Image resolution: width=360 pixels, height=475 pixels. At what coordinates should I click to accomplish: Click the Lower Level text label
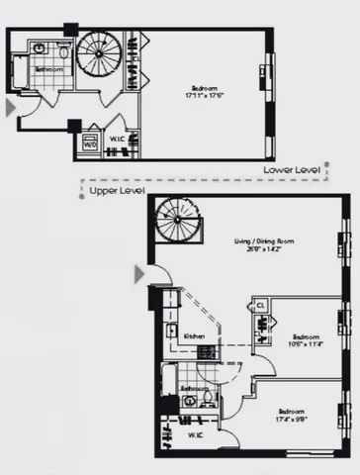point(292,170)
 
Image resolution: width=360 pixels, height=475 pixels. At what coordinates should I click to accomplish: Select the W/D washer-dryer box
point(91,144)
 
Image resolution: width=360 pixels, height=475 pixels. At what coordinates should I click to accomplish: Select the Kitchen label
point(194,336)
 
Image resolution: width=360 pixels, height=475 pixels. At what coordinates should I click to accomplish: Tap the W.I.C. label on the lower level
point(115,140)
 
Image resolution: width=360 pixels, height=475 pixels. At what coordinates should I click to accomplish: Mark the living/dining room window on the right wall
point(345,241)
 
